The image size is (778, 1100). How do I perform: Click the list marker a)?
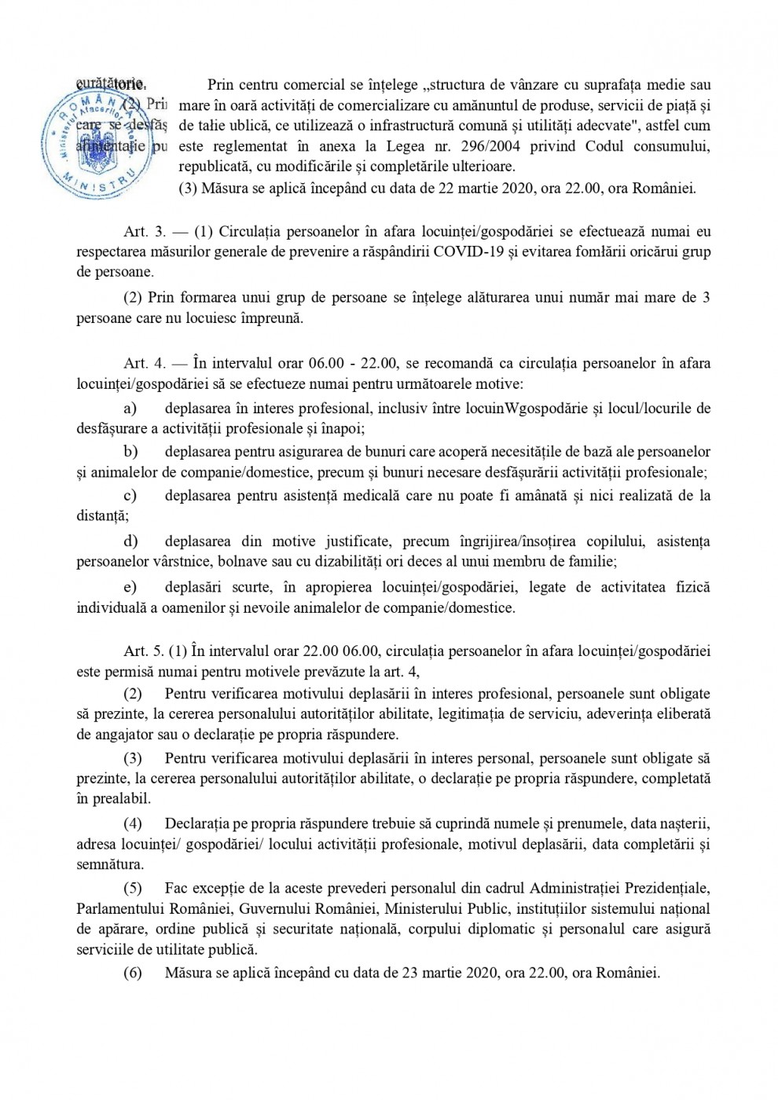point(130,409)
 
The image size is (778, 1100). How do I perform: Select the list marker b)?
point(130,452)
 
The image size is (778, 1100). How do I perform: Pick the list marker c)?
point(130,496)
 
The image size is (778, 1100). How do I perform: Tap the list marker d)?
point(130,541)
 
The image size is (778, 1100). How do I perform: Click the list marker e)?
point(130,587)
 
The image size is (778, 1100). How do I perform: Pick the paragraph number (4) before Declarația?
point(134,823)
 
